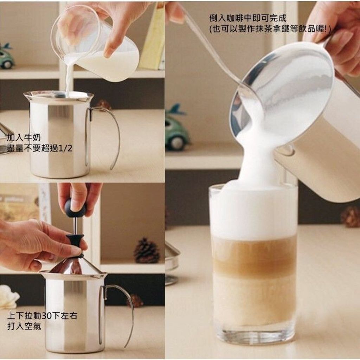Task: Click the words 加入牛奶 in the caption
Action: (24, 137)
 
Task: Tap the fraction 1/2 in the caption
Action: (65, 149)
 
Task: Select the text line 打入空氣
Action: (24, 326)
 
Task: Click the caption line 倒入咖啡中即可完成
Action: (248, 18)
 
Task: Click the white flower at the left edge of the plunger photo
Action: (8, 296)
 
